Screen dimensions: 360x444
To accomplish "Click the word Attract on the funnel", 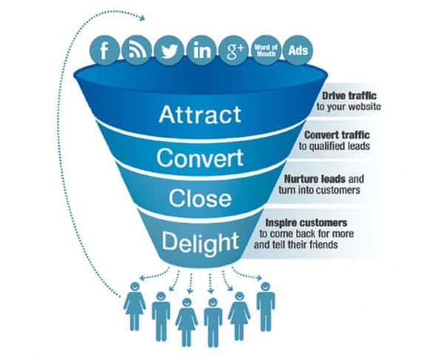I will (x=200, y=115).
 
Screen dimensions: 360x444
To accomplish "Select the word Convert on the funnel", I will (x=200, y=159).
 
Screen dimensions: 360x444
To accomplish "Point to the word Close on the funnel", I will (x=200, y=199).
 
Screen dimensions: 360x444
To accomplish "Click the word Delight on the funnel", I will (x=199, y=241).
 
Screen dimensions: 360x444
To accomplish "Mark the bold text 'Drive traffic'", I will (x=350, y=98).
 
